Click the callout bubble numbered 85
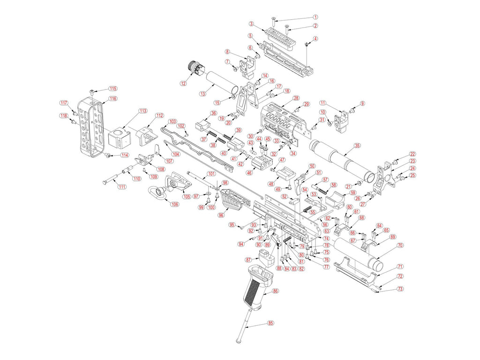pos(270,323)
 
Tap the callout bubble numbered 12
pos(183,83)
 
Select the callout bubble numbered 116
pos(112,98)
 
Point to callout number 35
pos(357,145)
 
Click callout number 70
pos(400,245)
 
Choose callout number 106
pos(174,204)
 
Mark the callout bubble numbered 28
pos(296,98)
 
